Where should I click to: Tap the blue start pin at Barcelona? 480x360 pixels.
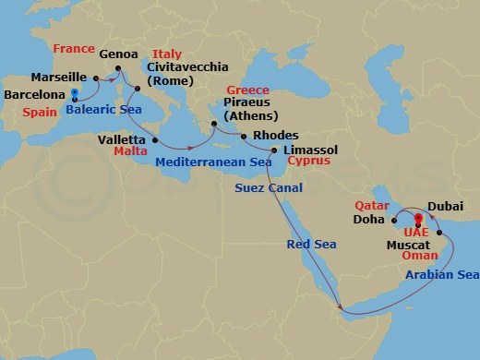click(x=73, y=92)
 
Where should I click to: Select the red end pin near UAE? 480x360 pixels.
click(x=418, y=220)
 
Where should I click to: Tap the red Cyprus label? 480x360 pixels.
click(x=308, y=160)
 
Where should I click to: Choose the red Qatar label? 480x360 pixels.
click(x=372, y=206)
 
